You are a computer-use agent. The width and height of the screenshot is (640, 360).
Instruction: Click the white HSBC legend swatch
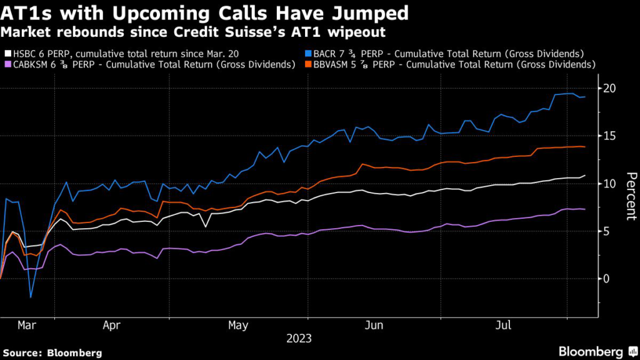click(x=7, y=54)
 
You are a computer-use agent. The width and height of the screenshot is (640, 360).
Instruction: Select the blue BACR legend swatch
click(x=307, y=54)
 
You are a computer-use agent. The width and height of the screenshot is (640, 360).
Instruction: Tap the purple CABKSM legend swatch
click(x=7, y=64)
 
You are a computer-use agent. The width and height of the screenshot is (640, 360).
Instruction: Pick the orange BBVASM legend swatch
click(x=307, y=64)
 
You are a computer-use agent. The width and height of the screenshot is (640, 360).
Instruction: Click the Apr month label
click(x=111, y=325)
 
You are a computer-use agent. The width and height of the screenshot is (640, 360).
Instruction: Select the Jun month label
click(x=374, y=325)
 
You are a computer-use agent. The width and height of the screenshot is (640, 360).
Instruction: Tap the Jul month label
click(x=502, y=325)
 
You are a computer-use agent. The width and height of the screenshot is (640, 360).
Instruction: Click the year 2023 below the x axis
click(x=299, y=339)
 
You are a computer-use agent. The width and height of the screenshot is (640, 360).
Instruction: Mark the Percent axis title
click(x=631, y=196)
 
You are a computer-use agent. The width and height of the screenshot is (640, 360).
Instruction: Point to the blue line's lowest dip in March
click(x=30, y=297)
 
